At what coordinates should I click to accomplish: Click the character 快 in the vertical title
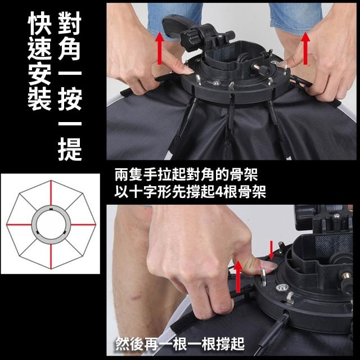coord(39,23)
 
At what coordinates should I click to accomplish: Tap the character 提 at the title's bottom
coord(70,149)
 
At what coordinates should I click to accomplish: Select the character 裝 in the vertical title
coord(39,99)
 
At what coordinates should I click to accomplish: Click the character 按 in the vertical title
coord(70,99)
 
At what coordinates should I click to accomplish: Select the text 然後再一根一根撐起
coord(180,344)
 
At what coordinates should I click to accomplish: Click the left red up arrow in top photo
coord(160,48)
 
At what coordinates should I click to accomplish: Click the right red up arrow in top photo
coord(305,48)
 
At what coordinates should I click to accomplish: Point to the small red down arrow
coord(271,250)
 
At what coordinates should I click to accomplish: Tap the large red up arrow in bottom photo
coord(238,277)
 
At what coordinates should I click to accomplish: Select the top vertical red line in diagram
coord(51,193)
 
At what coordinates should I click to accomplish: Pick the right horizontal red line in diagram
coord(83,224)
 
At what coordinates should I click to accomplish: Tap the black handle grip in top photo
coord(174,25)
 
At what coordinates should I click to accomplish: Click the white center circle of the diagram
coord(51,224)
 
